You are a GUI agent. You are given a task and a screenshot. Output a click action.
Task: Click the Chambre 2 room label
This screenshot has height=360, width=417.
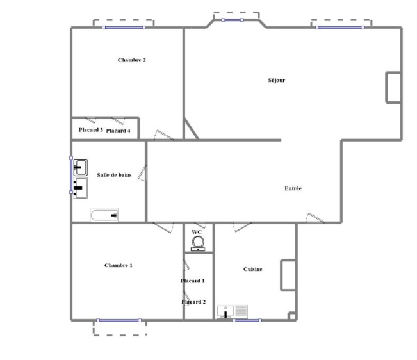point(132,60)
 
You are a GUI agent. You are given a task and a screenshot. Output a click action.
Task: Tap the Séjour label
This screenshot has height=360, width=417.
point(277,80)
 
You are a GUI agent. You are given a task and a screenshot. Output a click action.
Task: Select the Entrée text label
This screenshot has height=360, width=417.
point(293,188)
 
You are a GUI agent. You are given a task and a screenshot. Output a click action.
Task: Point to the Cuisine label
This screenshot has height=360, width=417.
point(252,269)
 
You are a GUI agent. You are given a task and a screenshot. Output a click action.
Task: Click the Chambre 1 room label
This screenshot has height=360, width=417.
point(119,265)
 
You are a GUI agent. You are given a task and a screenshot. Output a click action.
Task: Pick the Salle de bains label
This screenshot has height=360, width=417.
point(114,175)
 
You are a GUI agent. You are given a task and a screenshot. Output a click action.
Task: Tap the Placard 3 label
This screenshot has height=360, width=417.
point(91,130)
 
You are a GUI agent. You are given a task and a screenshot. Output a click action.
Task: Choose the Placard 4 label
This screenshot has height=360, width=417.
point(118,131)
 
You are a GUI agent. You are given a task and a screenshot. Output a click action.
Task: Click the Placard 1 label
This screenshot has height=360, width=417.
point(193,281)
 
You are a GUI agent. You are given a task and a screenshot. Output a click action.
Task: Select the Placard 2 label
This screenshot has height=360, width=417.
point(193,302)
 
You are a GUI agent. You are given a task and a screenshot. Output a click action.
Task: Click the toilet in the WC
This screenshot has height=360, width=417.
point(198,243)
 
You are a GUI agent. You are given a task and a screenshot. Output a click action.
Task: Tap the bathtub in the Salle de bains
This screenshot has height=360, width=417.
point(104,215)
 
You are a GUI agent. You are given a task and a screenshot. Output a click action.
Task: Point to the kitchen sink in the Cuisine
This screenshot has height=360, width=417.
point(225,311)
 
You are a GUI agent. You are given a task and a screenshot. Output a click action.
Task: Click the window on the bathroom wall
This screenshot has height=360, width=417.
point(71,175)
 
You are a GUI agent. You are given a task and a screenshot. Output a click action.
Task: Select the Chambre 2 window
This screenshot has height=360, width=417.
point(124,28)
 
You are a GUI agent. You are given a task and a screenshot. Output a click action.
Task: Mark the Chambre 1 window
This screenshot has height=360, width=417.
point(119,320)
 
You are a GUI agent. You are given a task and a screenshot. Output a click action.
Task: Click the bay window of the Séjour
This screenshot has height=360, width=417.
point(233,20)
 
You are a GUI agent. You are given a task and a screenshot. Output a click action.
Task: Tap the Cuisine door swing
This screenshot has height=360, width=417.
point(242,227)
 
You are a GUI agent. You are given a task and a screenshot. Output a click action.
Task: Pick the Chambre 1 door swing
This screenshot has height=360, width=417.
point(163,228)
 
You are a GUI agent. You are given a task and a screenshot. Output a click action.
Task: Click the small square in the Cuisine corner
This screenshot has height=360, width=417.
point(292,316)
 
